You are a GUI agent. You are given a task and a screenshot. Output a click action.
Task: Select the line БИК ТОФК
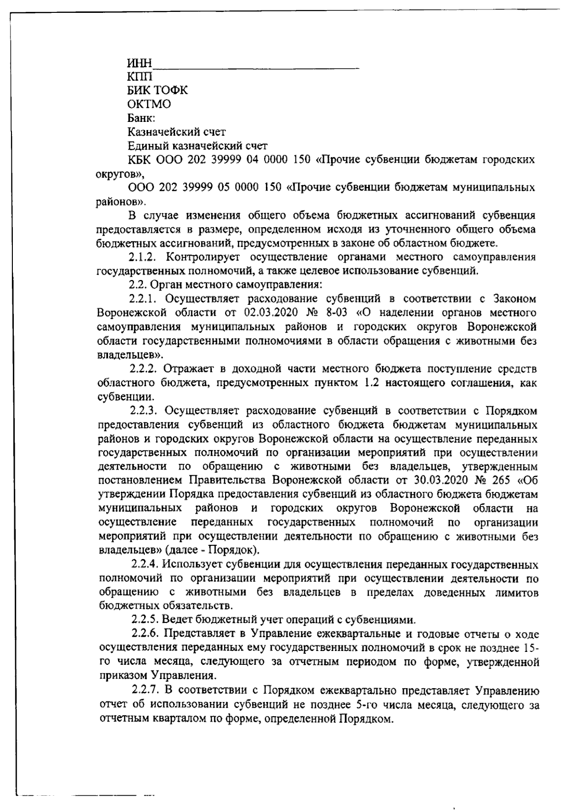click(158, 90)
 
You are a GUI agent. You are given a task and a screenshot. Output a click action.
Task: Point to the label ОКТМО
click(149, 104)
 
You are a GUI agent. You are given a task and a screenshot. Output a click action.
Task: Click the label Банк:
click(141, 118)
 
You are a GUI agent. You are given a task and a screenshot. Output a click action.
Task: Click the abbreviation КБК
click(138, 160)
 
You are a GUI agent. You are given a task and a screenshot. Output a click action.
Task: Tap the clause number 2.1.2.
click(144, 257)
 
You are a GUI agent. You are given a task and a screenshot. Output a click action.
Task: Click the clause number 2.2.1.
click(144, 299)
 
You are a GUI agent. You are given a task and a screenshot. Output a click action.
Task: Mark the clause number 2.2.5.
click(146, 620)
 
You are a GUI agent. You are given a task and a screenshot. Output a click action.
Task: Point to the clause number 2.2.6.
click(146, 634)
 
